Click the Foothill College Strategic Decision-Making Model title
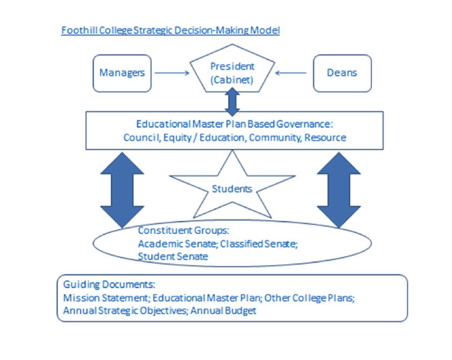click(170, 30)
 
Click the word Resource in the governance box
click(325, 137)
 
